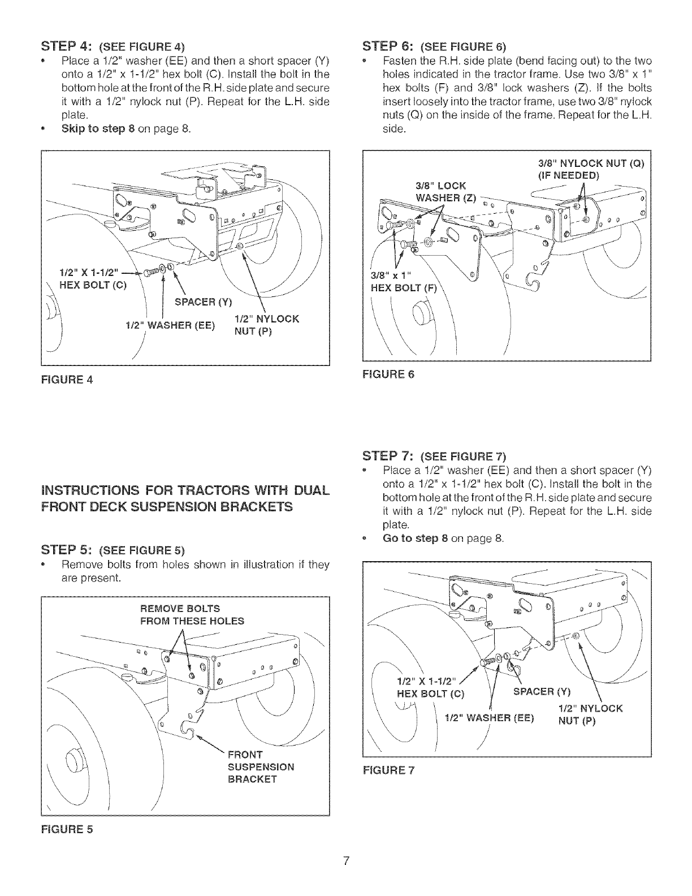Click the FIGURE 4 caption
tap(67, 379)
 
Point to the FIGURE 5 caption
tap(67, 829)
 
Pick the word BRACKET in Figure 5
tap(252, 779)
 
